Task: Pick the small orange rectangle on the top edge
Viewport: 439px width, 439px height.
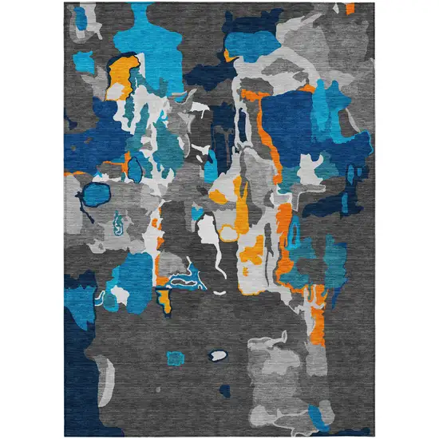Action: (x=350, y=8)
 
